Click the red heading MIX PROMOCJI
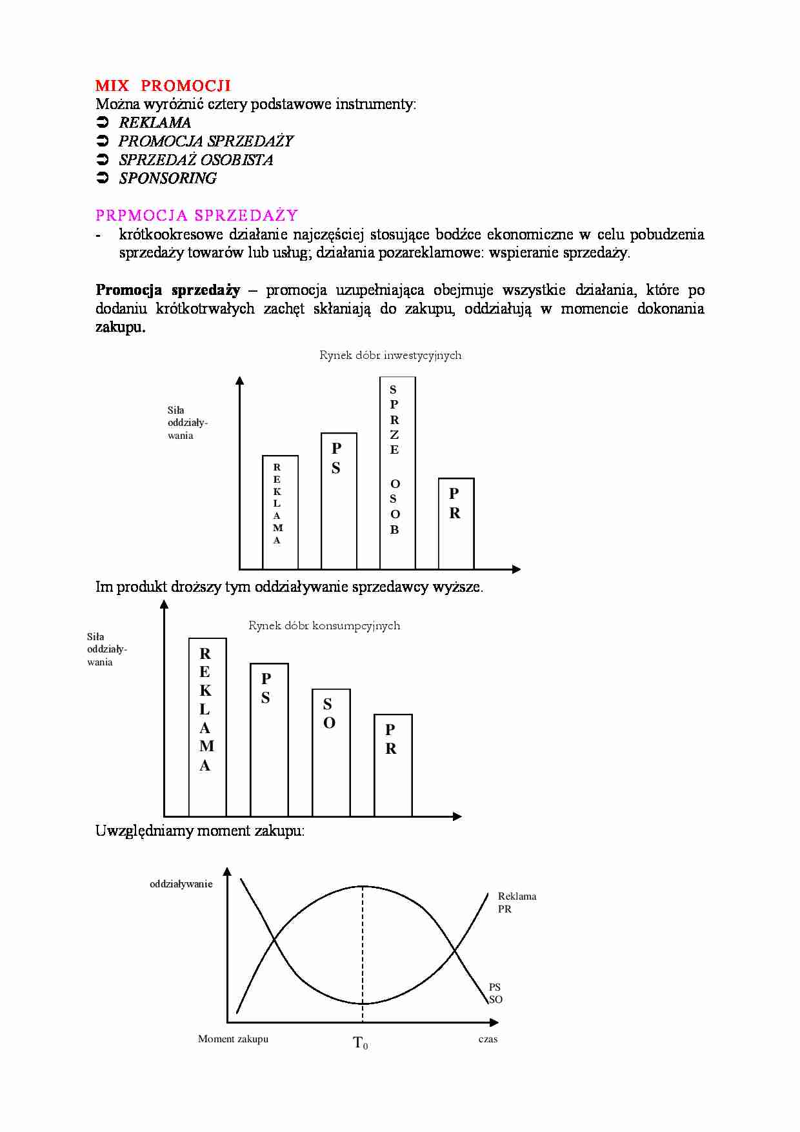[163, 86]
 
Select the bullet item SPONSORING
[168, 179]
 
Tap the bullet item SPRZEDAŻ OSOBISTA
[195, 160]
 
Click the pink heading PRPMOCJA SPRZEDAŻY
[197, 216]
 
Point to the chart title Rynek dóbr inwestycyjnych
[390, 355]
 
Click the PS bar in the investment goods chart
[339, 501]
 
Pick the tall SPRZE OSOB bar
[397, 472]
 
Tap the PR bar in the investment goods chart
[456, 523]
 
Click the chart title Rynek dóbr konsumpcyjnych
[324, 625]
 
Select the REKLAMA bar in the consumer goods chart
[207, 727]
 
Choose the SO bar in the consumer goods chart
[331, 753]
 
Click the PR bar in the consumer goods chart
[393, 765]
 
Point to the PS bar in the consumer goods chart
[269, 740]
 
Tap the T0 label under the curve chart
[361, 1043]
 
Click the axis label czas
[488, 1039]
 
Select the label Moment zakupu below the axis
[233, 1039]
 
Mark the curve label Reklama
[517, 896]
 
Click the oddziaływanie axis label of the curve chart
[181, 884]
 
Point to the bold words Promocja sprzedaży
[168, 290]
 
